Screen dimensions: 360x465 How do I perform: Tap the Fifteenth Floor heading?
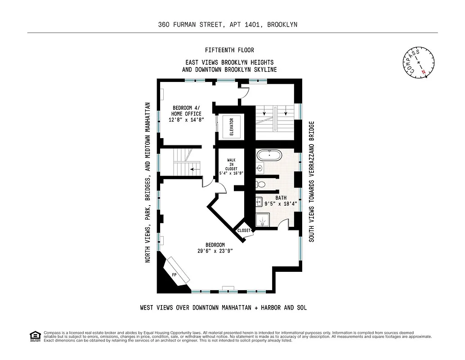pyautogui.click(x=229, y=50)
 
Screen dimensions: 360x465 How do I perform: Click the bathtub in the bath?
pyautogui.click(x=269, y=157)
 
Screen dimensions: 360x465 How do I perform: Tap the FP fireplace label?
pyautogui.click(x=174, y=274)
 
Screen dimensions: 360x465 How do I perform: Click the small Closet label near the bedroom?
pyautogui.click(x=244, y=230)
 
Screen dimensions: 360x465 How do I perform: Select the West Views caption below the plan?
pyautogui.click(x=224, y=308)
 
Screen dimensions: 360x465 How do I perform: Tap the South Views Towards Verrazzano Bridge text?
pyautogui.click(x=311, y=181)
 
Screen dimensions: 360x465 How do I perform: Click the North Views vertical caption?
pyautogui.click(x=147, y=182)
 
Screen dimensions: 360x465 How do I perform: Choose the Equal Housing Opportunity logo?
pyautogui.click(x=34, y=336)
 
